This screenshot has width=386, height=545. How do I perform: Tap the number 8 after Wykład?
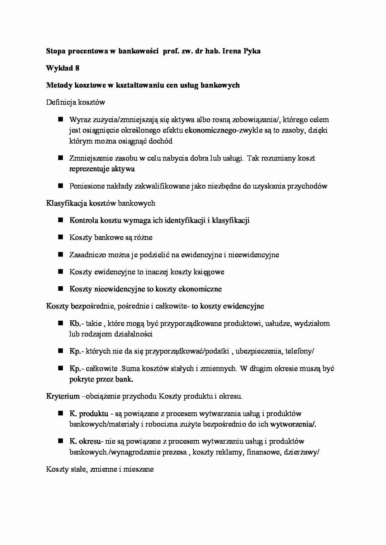click(x=77, y=68)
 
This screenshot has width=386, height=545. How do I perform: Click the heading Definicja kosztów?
click(x=76, y=102)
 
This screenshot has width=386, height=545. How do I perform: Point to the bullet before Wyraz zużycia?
click(x=60, y=119)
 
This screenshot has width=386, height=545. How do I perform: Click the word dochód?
click(x=160, y=141)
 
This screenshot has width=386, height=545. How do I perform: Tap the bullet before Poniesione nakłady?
click(x=60, y=186)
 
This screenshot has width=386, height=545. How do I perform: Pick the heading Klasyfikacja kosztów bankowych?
click(x=101, y=203)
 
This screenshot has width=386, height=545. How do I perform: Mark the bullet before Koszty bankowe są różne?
click(x=60, y=237)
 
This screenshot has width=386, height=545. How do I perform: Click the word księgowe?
click(x=209, y=272)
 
